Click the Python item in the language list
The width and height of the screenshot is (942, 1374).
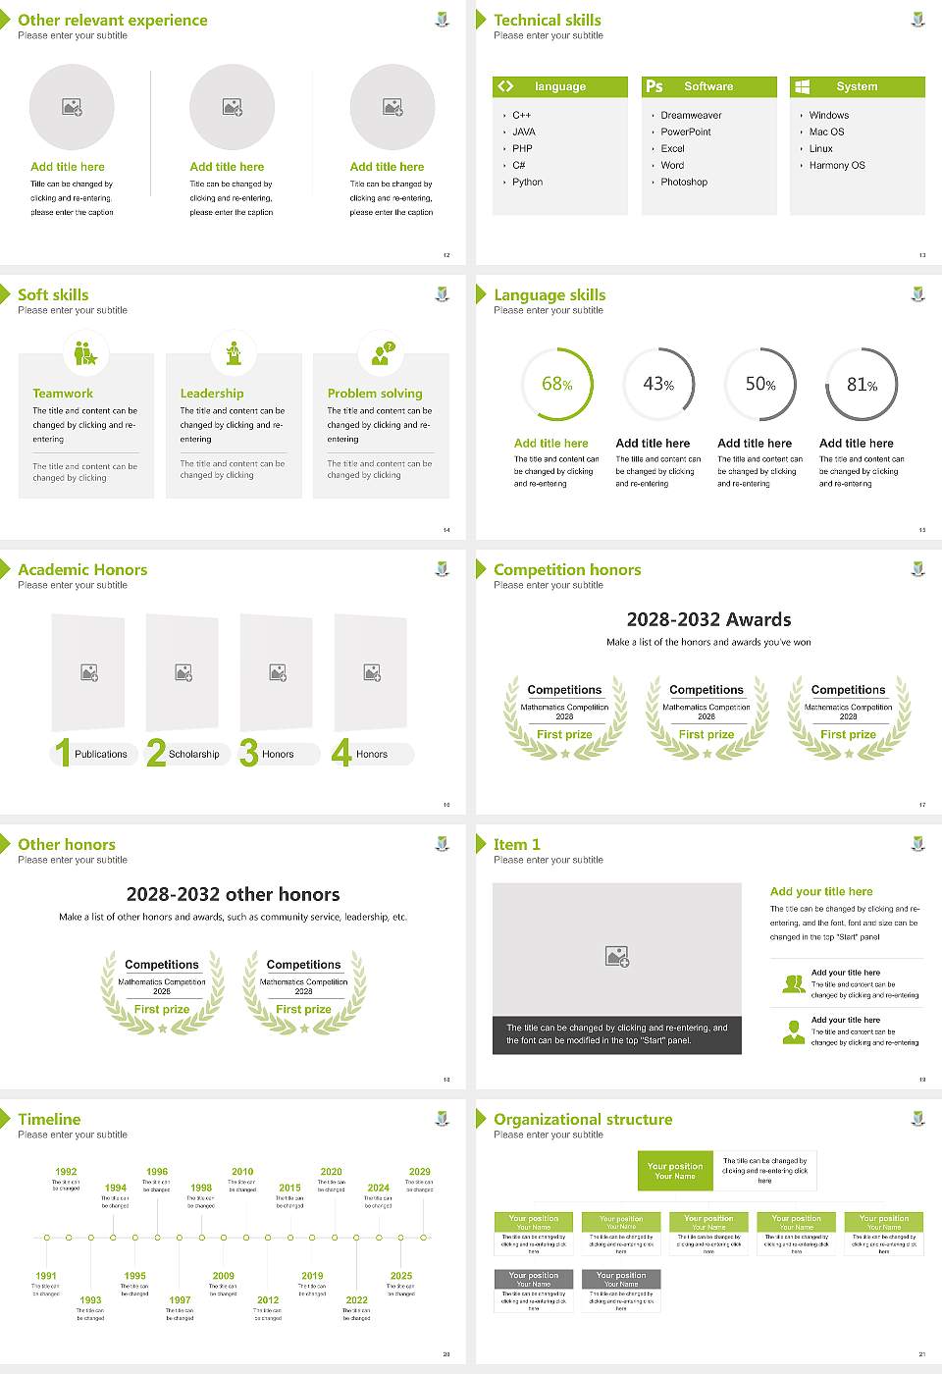coord(527,182)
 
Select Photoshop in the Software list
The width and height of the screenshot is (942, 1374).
coord(683,182)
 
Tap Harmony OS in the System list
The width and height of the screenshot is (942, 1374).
coord(837,165)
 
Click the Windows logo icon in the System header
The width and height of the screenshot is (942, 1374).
coord(803,86)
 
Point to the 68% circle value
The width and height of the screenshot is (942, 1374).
coord(556,384)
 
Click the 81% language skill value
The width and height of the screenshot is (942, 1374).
coord(862,384)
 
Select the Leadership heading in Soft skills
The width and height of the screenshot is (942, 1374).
coord(212,393)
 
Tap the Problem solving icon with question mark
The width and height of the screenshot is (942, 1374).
coord(381,353)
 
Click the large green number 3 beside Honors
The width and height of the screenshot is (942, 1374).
coord(249,753)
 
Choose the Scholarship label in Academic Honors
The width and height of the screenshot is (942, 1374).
coord(193,754)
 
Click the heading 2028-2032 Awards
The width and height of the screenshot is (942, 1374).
coord(708,619)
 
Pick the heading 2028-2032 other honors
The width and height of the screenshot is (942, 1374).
coord(233,894)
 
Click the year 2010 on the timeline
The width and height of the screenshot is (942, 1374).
coord(242,1171)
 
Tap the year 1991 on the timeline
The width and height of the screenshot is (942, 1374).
coord(46,1276)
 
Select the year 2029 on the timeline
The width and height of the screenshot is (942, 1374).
coord(419,1171)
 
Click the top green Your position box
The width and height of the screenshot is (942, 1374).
coord(675,1171)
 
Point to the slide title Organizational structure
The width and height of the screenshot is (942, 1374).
coord(583,1119)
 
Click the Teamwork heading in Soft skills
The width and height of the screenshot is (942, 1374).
coord(63,393)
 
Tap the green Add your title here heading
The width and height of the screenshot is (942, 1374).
coord(821,891)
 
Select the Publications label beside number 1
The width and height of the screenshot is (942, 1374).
coord(100,754)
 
